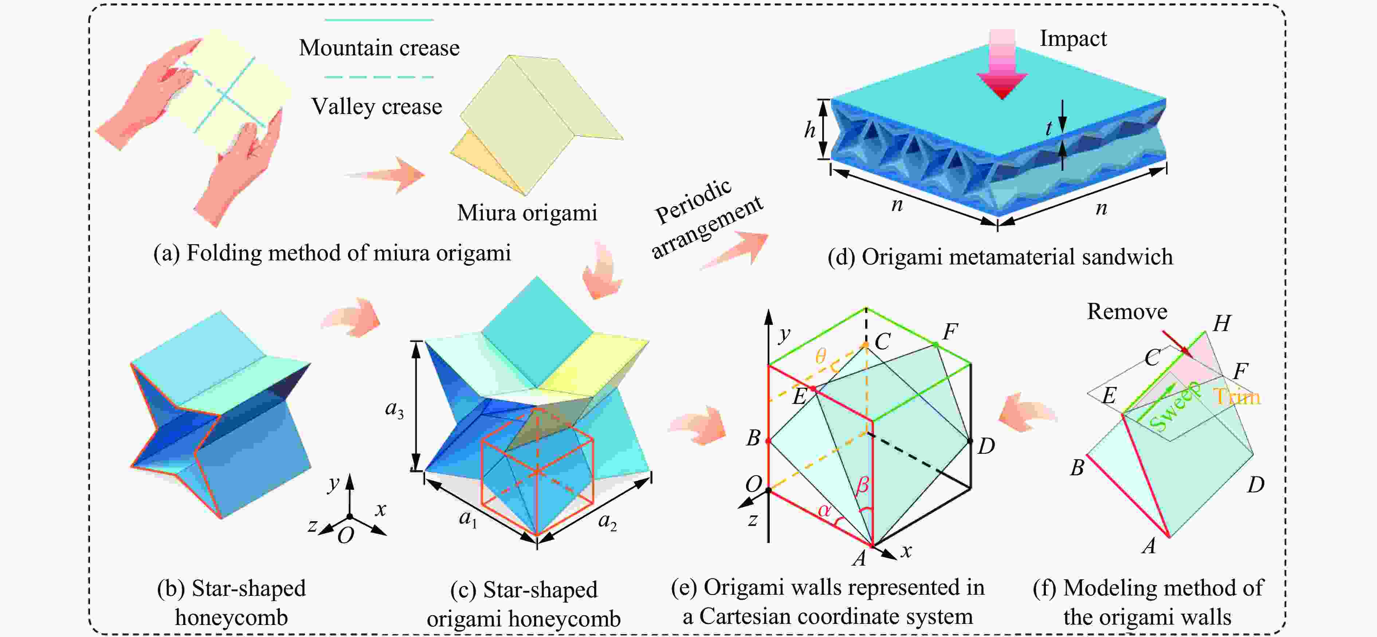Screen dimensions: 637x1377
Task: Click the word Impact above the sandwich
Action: click(1073, 39)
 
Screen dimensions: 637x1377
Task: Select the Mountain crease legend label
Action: click(379, 48)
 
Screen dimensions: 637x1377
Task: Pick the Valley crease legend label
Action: click(377, 106)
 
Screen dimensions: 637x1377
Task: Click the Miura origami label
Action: click(526, 213)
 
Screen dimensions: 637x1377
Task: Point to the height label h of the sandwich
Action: click(810, 129)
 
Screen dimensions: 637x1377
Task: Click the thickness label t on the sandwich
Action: click(1049, 128)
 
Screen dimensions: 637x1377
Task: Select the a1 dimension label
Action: click(468, 518)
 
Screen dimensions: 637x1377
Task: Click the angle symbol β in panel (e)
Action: click(862, 485)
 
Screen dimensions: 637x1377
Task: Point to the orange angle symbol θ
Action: click(820, 356)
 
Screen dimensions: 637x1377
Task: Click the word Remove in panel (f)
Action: click(1127, 311)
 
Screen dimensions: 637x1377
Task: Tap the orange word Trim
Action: click(1236, 397)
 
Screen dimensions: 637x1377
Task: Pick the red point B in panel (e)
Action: click(768, 441)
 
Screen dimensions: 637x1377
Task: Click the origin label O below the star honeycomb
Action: click(346, 535)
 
